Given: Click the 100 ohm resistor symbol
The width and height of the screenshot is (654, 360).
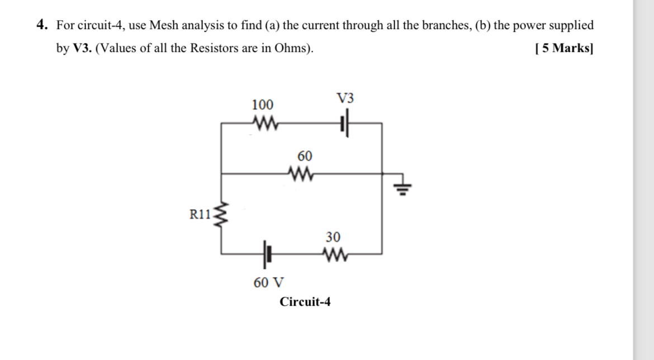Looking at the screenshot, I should [x=262, y=121].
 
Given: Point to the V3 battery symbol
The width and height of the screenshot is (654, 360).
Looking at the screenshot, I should [x=345, y=122].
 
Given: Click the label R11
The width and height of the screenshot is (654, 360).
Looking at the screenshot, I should [x=200, y=213].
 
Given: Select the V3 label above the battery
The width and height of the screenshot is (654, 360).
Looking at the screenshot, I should [x=345, y=99].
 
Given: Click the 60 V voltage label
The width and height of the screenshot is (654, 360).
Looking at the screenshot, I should [x=268, y=283].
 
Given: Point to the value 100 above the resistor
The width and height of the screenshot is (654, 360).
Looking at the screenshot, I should [x=262, y=105].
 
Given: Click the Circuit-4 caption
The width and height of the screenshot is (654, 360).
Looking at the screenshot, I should [x=305, y=302].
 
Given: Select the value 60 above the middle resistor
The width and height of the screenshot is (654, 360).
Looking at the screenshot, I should [x=305, y=155].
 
